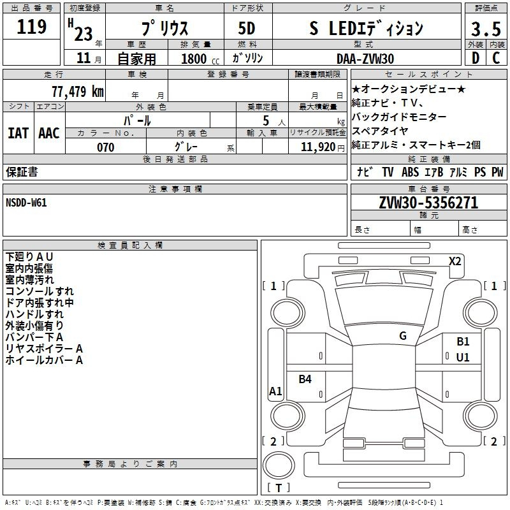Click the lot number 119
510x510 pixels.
coord(31,27)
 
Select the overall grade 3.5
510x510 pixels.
coord(486,29)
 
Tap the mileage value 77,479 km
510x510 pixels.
coord(78,91)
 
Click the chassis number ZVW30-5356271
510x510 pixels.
coord(428,203)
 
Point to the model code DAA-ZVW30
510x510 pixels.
coord(365,59)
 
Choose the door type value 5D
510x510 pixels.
coord(247,29)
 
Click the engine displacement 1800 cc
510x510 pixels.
coord(200,59)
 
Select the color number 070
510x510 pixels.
coord(106,147)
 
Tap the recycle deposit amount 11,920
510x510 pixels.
coord(318,147)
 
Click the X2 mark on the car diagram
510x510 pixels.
coord(455,261)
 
